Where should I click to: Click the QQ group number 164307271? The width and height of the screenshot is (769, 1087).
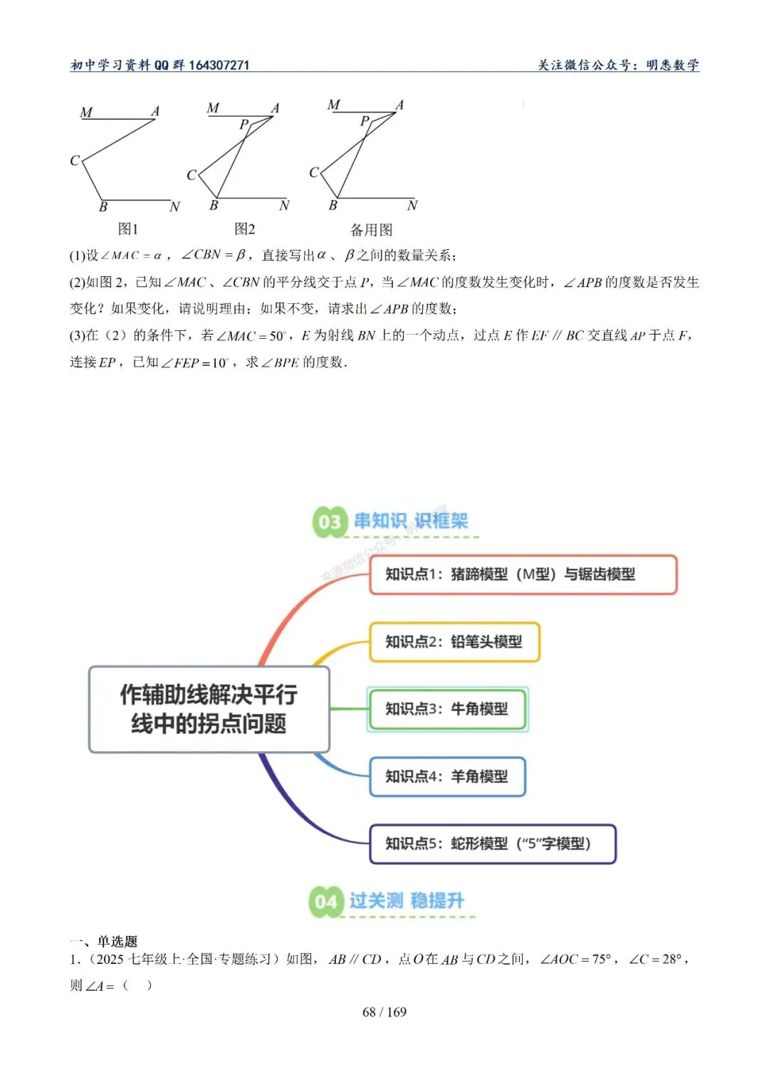click(x=219, y=65)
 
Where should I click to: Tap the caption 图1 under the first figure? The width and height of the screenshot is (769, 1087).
click(x=128, y=229)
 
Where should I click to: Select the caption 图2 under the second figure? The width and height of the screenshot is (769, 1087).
click(x=244, y=229)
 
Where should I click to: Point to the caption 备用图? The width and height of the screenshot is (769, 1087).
click(x=371, y=230)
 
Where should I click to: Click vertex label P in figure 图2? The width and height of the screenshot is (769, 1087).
click(x=244, y=125)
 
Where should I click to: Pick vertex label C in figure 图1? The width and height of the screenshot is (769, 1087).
click(x=74, y=161)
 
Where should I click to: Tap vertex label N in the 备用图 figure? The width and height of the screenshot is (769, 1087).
click(x=412, y=206)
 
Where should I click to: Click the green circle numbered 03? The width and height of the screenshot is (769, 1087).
click(x=330, y=522)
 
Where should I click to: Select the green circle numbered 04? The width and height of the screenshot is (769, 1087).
click(x=326, y=902)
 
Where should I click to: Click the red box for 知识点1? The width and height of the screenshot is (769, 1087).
click(x=523, y=574)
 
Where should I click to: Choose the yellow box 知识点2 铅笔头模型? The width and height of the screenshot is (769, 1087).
click(x=454, y=642)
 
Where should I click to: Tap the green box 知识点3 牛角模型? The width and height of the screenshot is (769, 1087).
click(x=447, y=709)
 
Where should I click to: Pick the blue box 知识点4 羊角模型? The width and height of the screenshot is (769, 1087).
click(x=447, y=777)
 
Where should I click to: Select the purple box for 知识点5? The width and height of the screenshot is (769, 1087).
click(x=492, y=844)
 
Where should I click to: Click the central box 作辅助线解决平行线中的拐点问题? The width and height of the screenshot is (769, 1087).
click(x=209, y=709)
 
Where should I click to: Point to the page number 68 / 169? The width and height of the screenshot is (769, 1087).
click(x=384, y=1012)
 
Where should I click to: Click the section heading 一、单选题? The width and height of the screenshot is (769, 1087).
click(x=103, y=941)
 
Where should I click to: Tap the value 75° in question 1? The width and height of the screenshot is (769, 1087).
click(x=602, y=960)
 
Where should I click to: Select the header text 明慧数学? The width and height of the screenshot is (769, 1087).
click(x=672, y=65)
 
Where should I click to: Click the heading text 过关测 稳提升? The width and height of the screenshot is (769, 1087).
click(x=407, y=901)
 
